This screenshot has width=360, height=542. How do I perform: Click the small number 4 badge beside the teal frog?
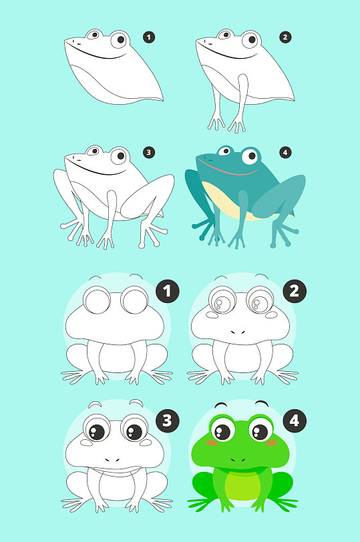pyautogui.click(x=285, y=152)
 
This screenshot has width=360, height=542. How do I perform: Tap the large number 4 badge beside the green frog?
pyautogui.click(x=295, y=421)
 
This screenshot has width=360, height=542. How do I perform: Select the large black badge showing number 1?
pyautogui.click(x=168, y=292)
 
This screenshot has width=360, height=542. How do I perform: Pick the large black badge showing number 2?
pyautogui.click(x=295, y=292)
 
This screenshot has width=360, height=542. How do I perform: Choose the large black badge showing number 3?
pyautogui.click(x=168, y=421)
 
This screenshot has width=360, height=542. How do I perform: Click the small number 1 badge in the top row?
pyautogui.click(x=149, y=37)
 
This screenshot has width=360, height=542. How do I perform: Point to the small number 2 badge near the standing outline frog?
pyautogui.click(x=285, y=37)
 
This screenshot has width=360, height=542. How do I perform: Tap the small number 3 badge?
pyautogui.click(x=149, y=152)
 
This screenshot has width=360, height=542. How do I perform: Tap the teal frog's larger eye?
pyautogui.click(x=251, y=156)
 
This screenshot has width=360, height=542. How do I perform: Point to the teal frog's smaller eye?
pyautogui.click(x=225, y=151)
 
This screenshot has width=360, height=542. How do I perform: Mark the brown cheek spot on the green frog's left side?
pyautogui.click(x=212, y=443)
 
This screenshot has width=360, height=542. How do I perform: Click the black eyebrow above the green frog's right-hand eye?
pyautogui.click(x=262, y=403)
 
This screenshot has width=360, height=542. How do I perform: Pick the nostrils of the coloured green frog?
pyautogui.click(x=238, y=460)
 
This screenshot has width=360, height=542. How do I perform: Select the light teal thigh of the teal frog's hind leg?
pyautogui.click(x=279, y=196)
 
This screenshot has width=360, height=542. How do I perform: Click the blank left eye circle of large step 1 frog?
pyautogui.click(x=97, y=300)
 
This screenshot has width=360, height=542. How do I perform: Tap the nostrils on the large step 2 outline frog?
pyautogui.click(x=238, y=332)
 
